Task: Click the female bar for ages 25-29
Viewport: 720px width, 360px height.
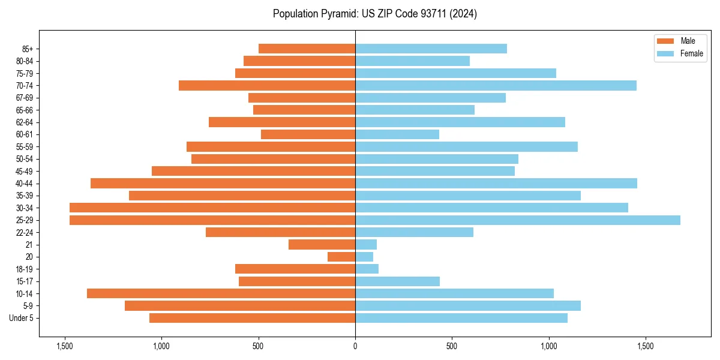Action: point(517,220)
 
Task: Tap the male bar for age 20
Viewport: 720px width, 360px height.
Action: point(341,257)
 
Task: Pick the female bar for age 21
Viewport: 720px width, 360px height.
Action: point(366,244)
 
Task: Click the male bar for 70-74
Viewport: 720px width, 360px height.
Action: point(267,85)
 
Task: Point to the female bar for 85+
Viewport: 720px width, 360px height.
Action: point(431,49)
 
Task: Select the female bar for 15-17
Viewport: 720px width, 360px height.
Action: point(397,281)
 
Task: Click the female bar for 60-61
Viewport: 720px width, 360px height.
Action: point(397,134)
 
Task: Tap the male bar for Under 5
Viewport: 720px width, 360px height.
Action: point(252,318)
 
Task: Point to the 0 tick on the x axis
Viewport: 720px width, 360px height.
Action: point(355,346)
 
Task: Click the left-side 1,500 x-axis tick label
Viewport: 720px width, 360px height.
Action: point(65,346)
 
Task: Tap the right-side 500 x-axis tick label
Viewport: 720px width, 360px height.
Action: point(452,346)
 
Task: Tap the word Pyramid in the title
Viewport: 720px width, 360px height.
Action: point(338,14)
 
